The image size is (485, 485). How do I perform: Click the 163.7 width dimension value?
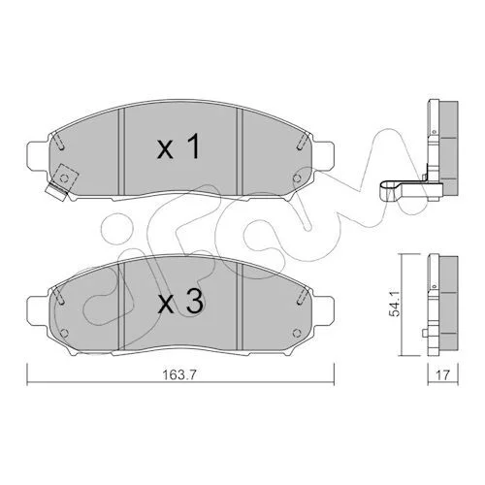click(x=179, y=375)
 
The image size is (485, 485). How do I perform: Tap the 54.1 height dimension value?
click(x=397, y=304)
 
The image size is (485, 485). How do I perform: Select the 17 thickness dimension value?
click(x=442, y=375)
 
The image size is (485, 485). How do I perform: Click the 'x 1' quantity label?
click(x=178, y=147)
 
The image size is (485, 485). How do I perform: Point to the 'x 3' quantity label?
click(x=180, y=302)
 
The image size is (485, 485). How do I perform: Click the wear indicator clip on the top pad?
click(x=61, y=183)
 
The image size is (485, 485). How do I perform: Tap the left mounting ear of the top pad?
click(x=38, y=156)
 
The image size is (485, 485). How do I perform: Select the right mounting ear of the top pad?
click(x=324, y=156)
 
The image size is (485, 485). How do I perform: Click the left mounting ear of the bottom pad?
click(x=38, y=311)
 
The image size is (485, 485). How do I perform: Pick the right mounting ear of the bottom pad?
click(x=324, y=311)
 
